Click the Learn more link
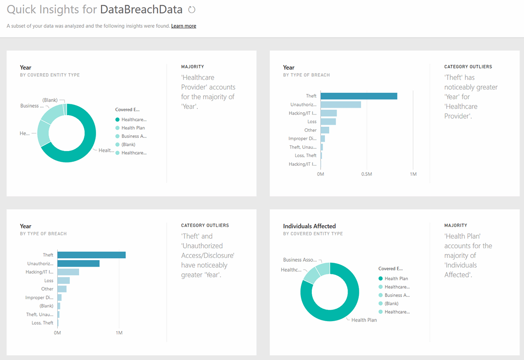pyautogui.click(x=183, y=26)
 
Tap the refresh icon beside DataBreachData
pyautogui.click(x=191, y=10)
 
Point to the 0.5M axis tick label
pyautogui.click(x=366, y=174)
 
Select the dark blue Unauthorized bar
pyautogui.click(x=78, y=264)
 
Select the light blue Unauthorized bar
pyautogui.click(x=341, y=105)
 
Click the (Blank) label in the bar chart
pyautogui.click(x=46, y=306)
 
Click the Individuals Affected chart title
pyautogui.click(x=309, y=226)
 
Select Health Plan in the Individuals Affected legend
pyautogui.click(x=396, y=278)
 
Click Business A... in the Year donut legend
pyautogui.click(x=133, y=136)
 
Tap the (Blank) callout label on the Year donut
pyautogui.click(x=50, y=100)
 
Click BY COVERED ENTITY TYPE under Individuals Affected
pyautogui.click(x=313, y=234)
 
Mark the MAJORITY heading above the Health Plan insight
pyautogui.click(x=455, y=226)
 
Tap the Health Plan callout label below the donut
pyautogui.click(x=364, y=320)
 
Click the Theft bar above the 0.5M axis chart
pyautogui.click(x=359, y=96)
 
